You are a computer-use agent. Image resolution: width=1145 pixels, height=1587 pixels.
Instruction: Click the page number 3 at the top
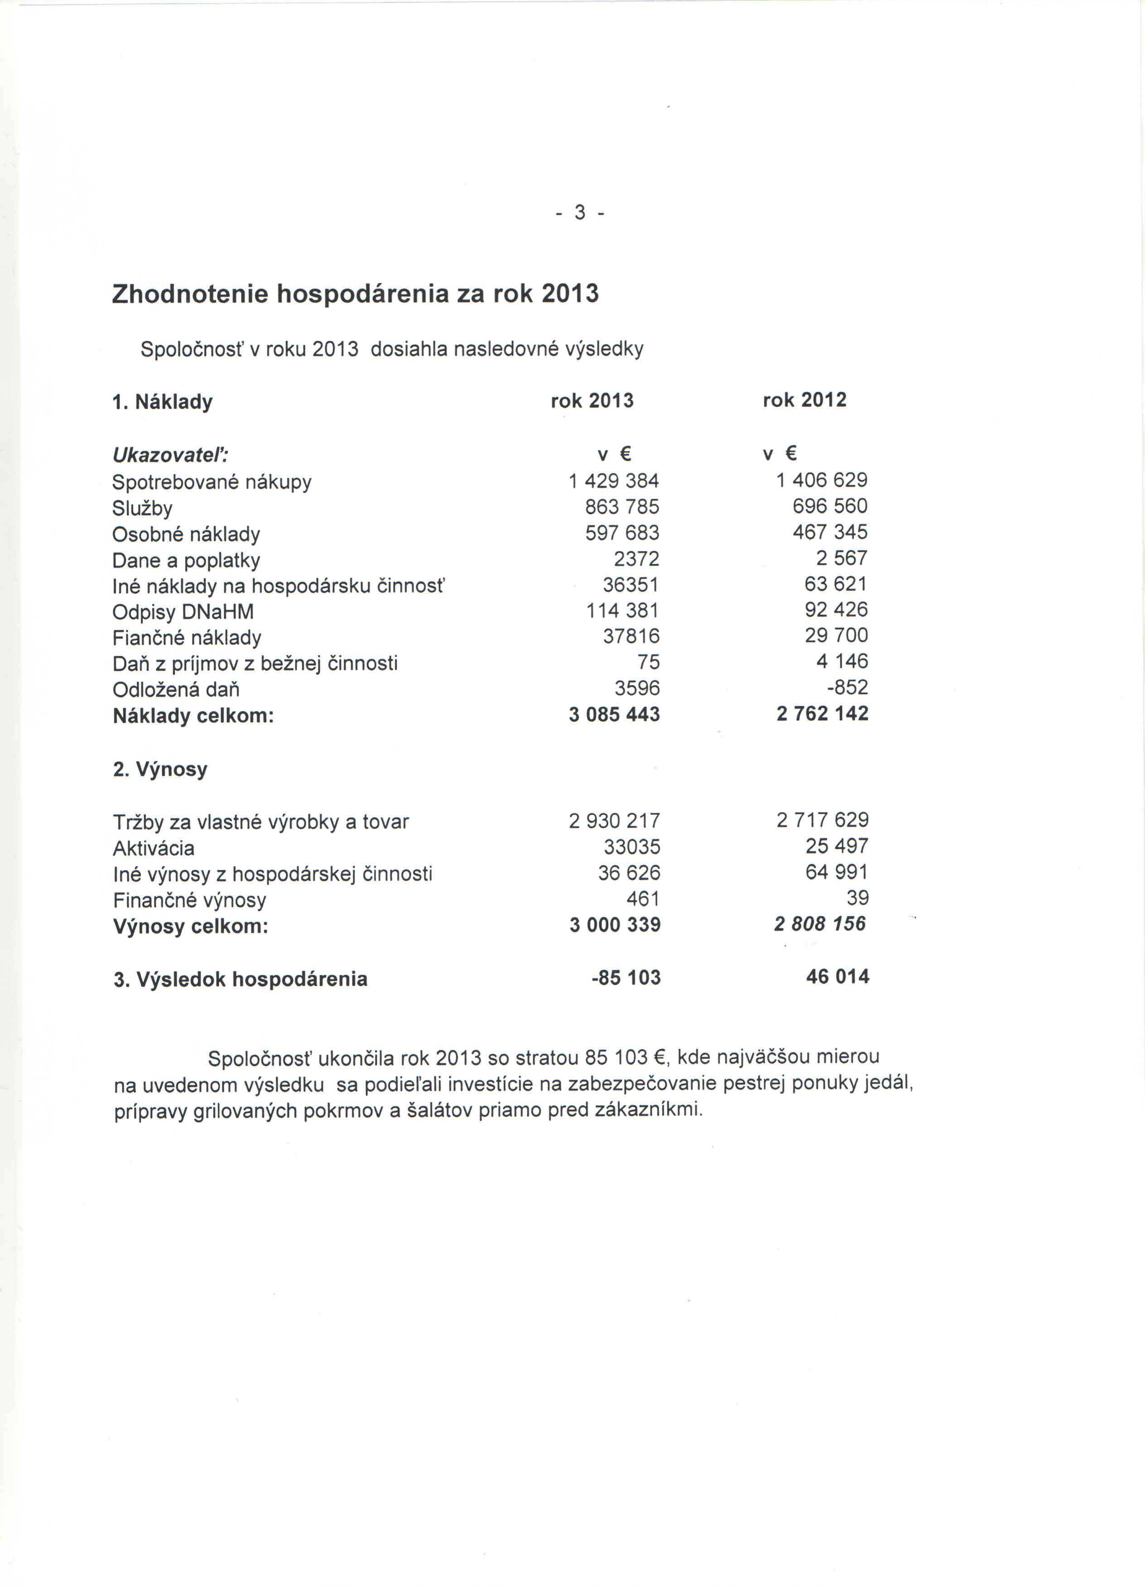[579, 212]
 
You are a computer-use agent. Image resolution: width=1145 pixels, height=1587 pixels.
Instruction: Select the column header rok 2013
[592, 401]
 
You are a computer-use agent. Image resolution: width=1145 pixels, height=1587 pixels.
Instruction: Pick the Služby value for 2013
[622, 507]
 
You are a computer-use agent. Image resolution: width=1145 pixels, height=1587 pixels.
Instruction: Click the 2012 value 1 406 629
[822, 480]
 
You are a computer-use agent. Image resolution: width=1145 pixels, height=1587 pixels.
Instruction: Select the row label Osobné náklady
[186, 534]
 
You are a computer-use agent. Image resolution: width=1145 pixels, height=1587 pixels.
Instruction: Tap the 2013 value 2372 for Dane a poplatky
[636, 558]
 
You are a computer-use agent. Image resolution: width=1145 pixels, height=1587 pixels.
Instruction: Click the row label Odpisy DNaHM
[183, 612]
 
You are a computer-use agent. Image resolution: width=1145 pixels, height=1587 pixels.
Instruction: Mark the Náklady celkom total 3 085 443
[614, 714]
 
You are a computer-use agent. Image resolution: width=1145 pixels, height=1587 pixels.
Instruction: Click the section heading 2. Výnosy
[160, 769]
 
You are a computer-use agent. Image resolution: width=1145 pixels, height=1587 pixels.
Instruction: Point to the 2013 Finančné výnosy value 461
[643, 899]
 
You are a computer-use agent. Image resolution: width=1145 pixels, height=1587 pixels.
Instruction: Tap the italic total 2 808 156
[820, 923]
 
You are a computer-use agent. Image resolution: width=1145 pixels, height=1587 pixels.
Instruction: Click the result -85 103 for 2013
[625, 977]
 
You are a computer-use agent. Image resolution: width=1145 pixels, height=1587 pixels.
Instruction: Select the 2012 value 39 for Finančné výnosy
[857, 898]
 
